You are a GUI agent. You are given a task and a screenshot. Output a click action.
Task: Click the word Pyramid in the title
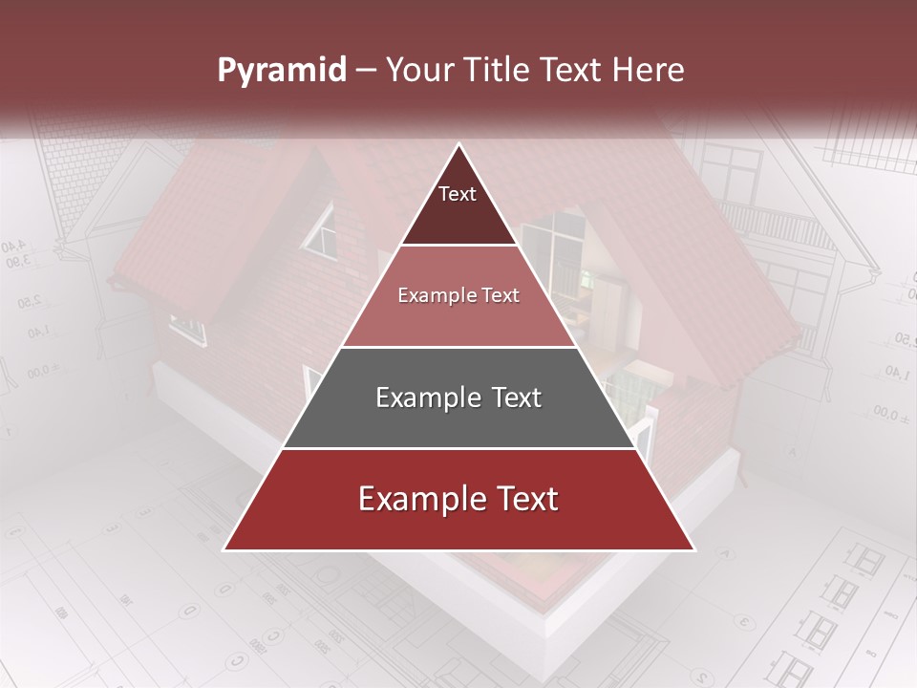281,71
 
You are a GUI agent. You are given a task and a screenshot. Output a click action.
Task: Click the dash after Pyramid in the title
366,71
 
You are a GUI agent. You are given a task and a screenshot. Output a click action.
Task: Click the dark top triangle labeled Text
458,205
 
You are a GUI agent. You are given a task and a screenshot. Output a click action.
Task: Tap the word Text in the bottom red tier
521,500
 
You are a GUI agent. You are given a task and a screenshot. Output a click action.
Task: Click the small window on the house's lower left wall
188,330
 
